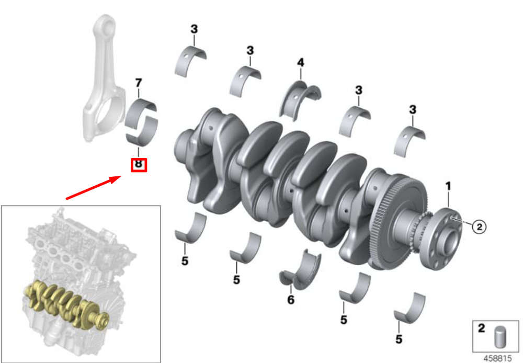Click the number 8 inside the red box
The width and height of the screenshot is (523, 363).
[138, 164]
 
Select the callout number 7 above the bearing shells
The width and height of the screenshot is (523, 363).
[139, 83]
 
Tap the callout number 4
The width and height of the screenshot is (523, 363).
[301, 62]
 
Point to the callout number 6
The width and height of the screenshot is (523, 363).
[291, 300]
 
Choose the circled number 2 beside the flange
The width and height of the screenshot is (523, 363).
[479, 227]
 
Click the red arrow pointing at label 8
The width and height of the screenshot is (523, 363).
[94, 188]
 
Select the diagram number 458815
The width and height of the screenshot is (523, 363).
[497, 358]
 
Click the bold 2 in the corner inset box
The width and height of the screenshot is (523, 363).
[481, 328]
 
